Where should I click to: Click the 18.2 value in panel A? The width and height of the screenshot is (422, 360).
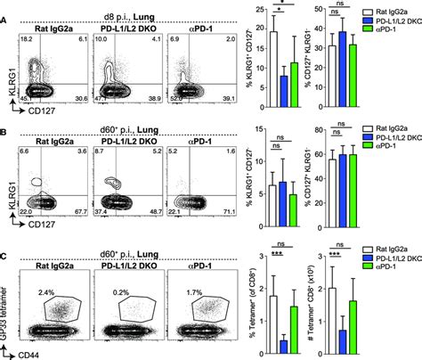click(26, 41)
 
